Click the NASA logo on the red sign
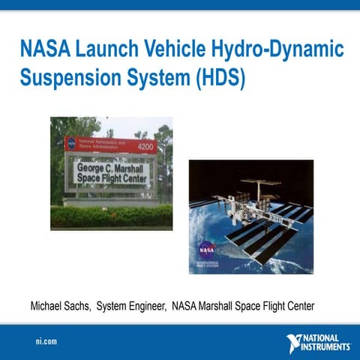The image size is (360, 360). (71, 143)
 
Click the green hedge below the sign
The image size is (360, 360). (111, 217)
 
